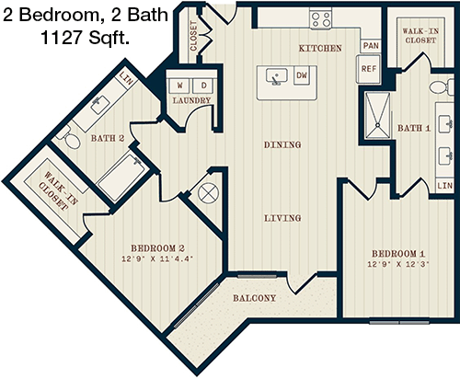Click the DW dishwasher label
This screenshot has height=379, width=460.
(x=302, y=75)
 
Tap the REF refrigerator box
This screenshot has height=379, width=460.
(x=368, y=69)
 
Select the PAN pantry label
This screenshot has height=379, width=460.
(x=371, y=46)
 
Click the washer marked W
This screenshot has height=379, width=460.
(x=179, y=86)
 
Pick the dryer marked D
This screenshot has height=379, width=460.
(x=203, y=86)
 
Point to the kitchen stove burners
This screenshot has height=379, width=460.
(x=320, y=19)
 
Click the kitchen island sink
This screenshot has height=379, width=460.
(x=277, y=76)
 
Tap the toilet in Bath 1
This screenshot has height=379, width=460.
(x=442, y=86)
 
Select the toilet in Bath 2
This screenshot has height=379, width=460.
(x=70, y=140)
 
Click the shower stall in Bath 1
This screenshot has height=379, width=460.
(x=377, y=115)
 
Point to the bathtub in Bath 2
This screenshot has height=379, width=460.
(x=121, y=177)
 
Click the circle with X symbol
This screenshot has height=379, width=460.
(x=209, y=193)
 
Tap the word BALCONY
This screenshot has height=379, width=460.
(x=254, y=298)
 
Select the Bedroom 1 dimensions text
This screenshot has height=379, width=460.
(x=397, y=264)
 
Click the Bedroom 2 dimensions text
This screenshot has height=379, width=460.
(x=157, y=258)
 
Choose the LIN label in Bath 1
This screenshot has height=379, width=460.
(x=444, y=186)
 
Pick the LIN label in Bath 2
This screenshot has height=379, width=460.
(x=126, y=78)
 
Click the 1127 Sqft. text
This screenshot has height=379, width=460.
(x=85, y=38)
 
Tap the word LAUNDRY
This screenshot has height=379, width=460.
(x=191, y=100)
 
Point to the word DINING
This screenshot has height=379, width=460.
(x=282, y=144)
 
